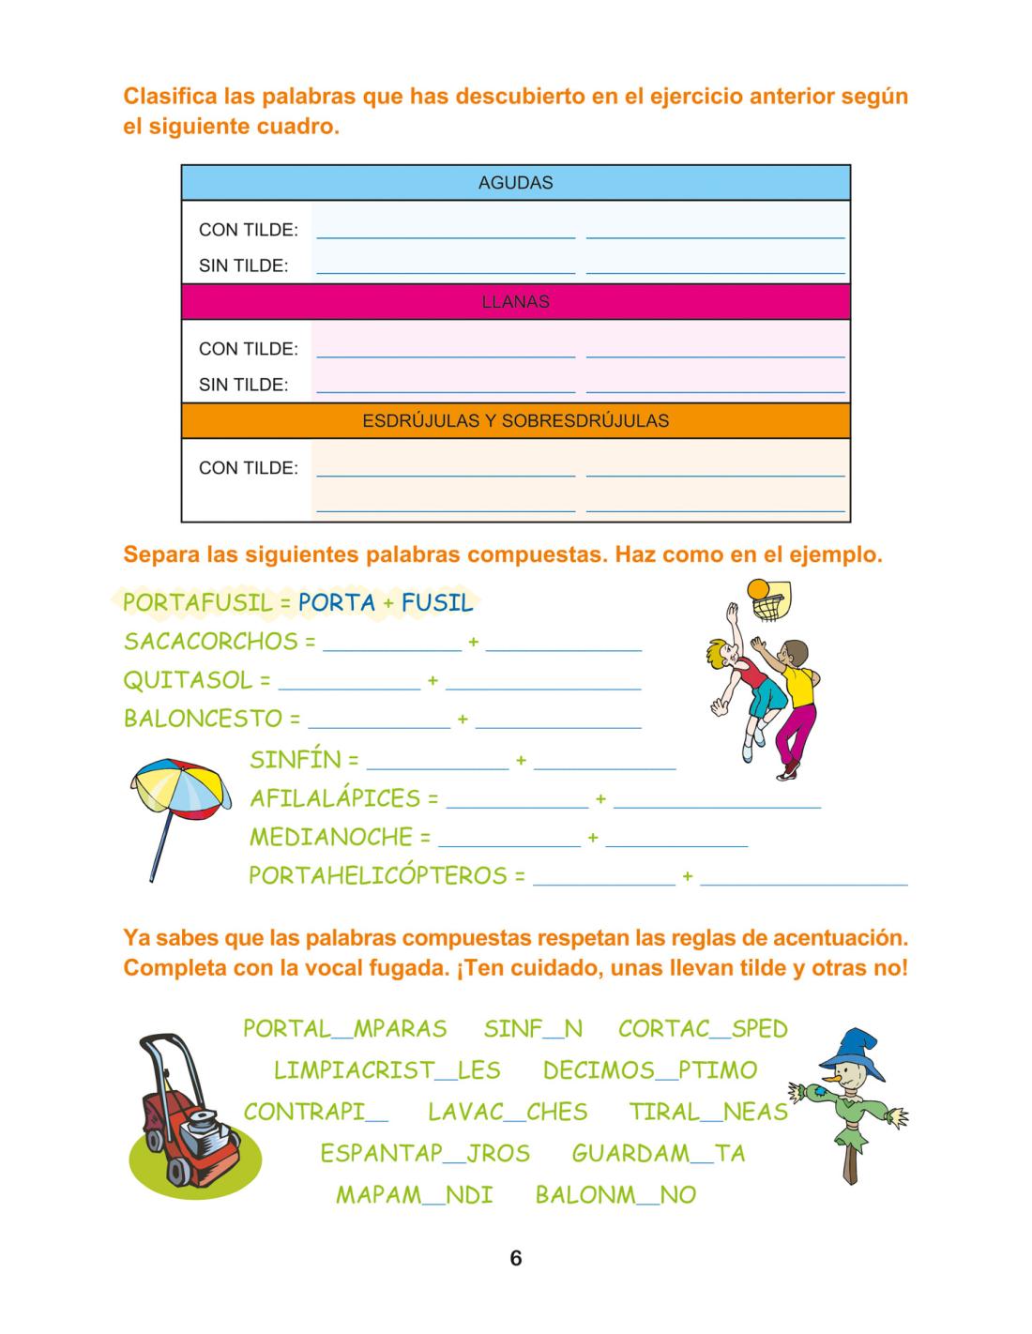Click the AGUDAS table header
point(515,183)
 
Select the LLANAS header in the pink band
point(515,302)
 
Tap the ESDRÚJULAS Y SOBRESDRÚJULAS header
point(515,420)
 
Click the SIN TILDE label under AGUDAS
point(243,265)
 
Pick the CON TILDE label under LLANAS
point(248,349)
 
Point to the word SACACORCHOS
point(210,642)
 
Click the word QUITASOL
point(189,680)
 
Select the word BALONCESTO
point(203,720)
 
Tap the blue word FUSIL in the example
point(437,602)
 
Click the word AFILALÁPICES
point(335,798)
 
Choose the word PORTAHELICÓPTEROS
point(377,876)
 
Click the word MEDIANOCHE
point(331,837)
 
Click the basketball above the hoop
point(758,589)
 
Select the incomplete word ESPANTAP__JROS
point(425,1153)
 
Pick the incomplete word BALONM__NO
point(615,1195)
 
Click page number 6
point(516,1258)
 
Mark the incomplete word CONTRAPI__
point(316,1112)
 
